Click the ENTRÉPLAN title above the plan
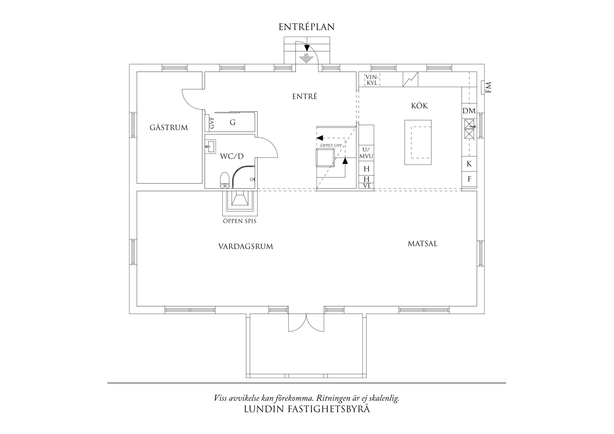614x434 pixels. [307, 27]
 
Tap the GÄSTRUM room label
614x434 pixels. [169, 128]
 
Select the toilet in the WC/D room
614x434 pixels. [224, 180]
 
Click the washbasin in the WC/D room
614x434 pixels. [211, 146]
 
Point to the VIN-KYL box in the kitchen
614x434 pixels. [371, 80]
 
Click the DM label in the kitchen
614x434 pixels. [469, 111]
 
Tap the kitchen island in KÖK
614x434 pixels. [418, 142]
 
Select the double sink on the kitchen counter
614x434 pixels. [469, 128]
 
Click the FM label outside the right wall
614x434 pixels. [489, 87]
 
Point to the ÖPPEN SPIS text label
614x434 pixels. [240, 221]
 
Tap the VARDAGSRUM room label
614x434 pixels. [245, 246]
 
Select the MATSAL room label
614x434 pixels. [423, 244]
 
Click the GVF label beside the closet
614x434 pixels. [211, 123]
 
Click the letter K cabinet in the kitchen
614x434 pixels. [469, 164]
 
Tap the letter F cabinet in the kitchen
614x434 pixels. [469, 179]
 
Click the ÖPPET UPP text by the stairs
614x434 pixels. [330, 145]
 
